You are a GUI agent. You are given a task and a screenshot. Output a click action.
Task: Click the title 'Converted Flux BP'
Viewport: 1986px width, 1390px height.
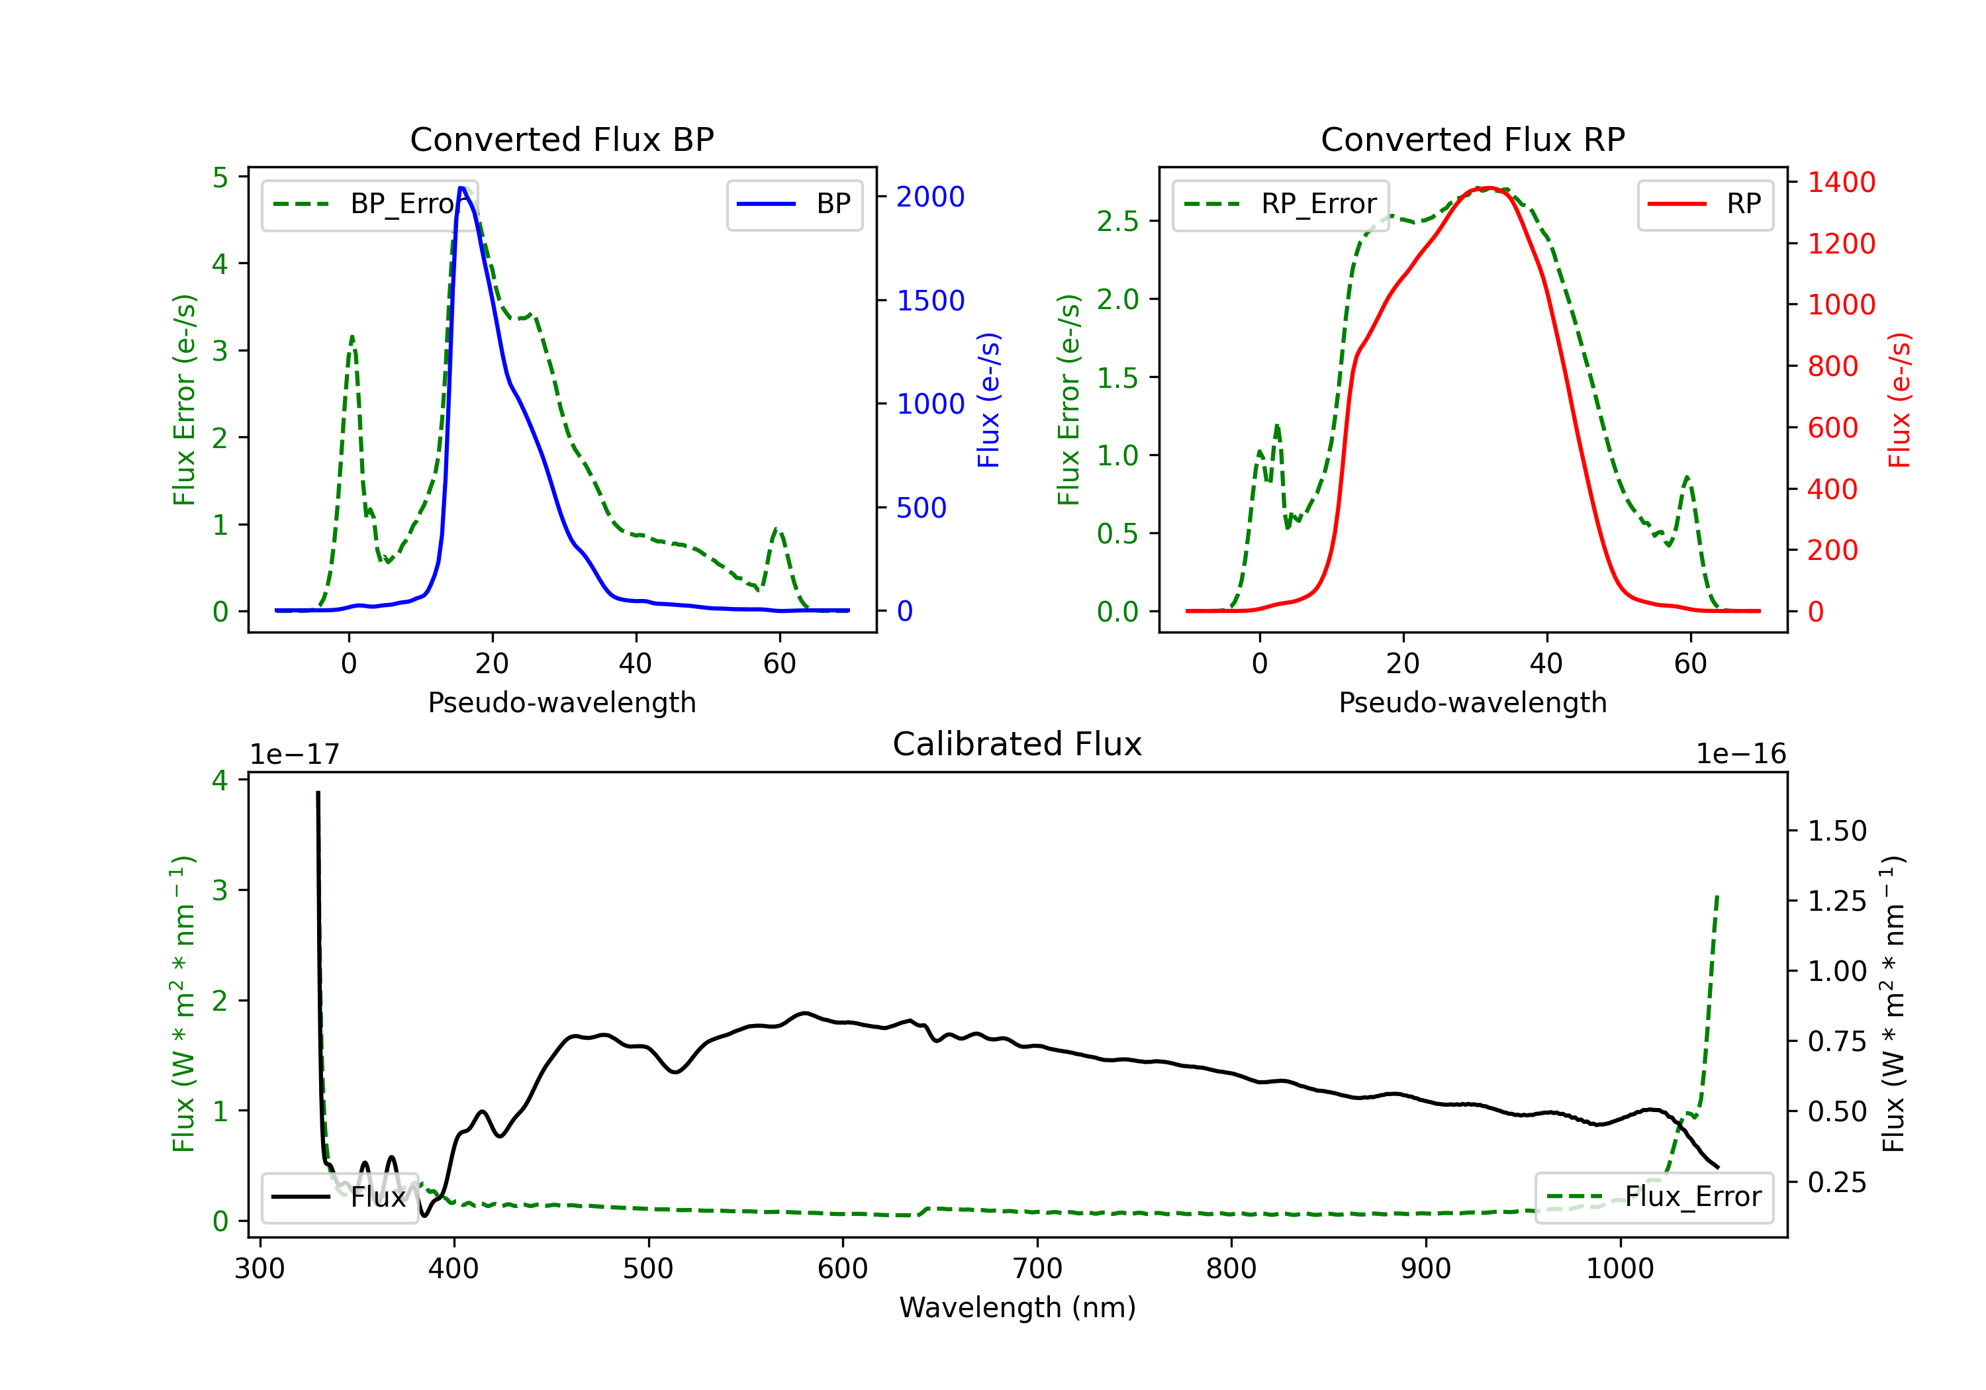561,139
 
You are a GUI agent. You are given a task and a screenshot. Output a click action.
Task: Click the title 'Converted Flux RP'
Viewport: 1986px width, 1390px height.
1472,139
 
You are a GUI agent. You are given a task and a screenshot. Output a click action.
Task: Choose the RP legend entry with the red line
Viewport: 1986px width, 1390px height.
1705,204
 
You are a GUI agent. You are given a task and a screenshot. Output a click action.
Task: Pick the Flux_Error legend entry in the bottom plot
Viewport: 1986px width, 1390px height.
1654,1197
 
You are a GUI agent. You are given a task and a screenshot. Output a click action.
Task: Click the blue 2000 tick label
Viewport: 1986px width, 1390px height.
930,197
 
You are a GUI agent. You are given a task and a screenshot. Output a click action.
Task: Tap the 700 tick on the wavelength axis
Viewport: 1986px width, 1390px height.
1037,1269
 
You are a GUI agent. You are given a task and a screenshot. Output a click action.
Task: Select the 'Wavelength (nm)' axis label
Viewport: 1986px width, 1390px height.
1017,1307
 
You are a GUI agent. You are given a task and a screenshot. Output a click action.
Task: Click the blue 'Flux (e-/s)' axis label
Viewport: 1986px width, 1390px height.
988,400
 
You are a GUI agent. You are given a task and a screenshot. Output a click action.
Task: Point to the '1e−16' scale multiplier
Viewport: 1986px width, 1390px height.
1740,755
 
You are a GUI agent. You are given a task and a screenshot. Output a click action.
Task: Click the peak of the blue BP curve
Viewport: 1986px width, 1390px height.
462,188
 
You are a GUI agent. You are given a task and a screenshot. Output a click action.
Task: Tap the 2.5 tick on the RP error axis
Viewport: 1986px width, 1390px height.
1117,222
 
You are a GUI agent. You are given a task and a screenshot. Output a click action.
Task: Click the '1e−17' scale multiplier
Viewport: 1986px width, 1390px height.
294,755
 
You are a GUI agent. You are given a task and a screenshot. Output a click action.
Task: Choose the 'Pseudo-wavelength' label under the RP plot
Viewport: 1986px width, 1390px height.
1472,702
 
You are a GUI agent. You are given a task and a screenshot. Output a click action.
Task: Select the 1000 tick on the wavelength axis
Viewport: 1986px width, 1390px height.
1619,1269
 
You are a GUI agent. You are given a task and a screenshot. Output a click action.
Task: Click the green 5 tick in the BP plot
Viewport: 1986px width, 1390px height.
220,178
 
